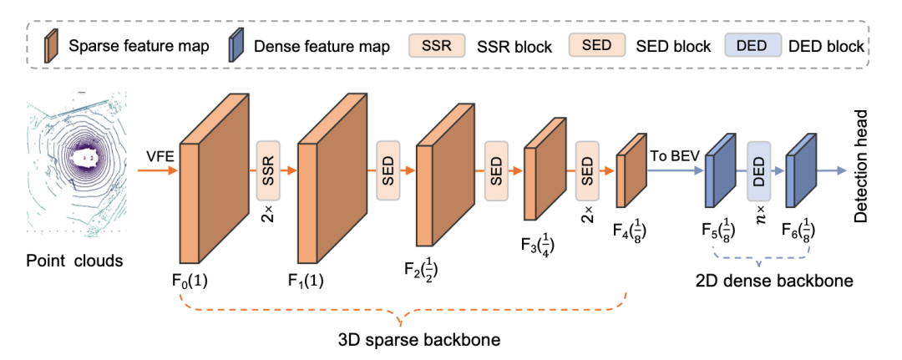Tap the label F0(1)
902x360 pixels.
190,281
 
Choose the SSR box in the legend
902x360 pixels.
436,45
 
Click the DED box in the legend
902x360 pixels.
753,45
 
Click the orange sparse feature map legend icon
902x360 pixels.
51,44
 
